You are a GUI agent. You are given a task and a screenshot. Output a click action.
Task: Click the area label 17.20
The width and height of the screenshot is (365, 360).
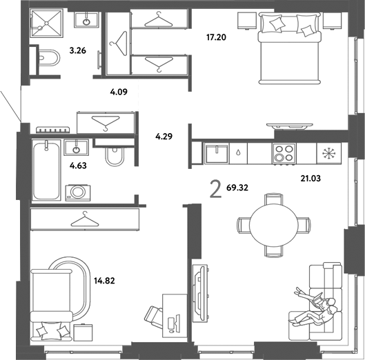[216, 37]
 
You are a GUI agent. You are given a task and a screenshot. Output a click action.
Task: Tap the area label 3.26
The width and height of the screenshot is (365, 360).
[78, 50]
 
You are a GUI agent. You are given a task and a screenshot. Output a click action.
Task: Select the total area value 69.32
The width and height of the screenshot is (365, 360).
[237, 188]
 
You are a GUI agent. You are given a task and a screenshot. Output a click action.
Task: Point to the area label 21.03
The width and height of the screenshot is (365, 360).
[310, 179]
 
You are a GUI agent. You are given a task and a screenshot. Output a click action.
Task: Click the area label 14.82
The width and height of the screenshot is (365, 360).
[104, 281]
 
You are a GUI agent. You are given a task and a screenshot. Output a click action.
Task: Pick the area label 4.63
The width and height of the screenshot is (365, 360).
[78, 166]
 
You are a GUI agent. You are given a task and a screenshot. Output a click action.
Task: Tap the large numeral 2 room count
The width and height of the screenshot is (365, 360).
[215, 190]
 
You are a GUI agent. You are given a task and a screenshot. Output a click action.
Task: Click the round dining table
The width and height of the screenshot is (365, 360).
[274, 226]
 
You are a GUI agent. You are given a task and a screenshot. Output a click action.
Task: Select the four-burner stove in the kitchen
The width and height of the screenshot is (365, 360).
[284, 153]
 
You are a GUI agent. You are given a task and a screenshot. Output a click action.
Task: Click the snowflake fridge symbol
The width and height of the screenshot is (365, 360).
[329, 154]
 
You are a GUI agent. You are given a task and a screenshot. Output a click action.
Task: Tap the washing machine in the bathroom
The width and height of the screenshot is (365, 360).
[78, 192]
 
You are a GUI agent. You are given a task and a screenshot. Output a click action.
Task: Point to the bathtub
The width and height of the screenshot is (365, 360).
[46, 170]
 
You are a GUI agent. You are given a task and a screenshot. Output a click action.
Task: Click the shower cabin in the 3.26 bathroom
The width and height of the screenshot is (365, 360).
[46, 23]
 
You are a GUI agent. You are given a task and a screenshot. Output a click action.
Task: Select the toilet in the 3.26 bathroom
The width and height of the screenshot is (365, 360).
[49, 58]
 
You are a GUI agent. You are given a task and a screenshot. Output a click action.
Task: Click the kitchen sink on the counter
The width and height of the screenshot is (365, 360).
[217, 154]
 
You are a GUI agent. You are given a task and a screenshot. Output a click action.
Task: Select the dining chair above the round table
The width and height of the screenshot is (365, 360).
[274, 199]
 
